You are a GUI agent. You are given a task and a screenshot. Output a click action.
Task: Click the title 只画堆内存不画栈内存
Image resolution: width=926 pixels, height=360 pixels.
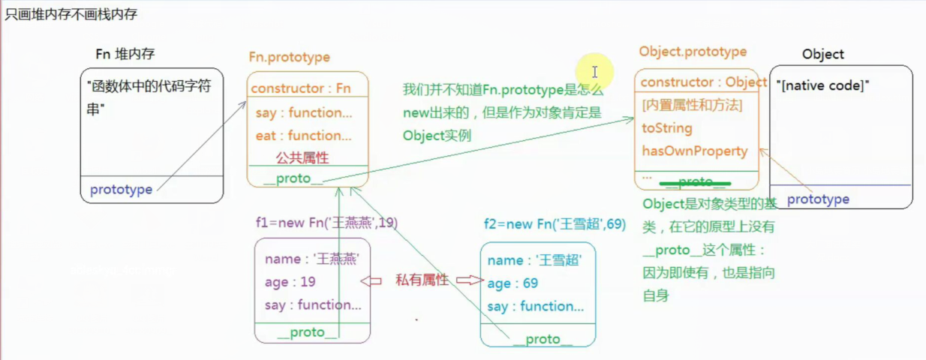point(71,14)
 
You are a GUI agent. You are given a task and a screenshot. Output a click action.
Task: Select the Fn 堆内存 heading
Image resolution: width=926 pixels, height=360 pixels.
point(125,54)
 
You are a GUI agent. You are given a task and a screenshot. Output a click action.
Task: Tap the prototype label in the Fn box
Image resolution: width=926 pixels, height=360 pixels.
point(121,190)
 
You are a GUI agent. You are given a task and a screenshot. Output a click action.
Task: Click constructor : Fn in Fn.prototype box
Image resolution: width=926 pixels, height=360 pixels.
point(301,88)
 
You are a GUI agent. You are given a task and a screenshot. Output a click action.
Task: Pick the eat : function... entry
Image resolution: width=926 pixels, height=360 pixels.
point(303,136)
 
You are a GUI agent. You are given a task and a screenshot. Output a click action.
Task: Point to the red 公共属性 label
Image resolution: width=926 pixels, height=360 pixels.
point(302,158)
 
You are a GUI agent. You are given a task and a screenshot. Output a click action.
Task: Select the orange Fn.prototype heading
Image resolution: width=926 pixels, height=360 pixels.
point(289,57)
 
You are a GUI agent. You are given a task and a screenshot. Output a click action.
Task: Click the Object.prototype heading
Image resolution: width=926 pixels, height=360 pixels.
point(693,52)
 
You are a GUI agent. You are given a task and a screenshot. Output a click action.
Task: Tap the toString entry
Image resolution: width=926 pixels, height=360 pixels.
point(666,128)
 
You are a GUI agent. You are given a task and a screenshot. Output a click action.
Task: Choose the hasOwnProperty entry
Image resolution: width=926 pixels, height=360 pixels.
point(694,151)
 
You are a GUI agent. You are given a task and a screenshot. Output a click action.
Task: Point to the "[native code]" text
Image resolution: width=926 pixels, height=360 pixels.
point(822,86)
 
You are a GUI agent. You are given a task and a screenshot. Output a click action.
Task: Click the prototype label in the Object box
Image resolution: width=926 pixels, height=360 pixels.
point(818,199)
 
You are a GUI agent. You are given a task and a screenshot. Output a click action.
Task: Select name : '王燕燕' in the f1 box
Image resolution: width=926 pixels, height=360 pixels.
point(311,259)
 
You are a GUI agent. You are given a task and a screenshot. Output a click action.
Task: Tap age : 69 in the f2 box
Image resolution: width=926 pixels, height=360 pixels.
point(513,283)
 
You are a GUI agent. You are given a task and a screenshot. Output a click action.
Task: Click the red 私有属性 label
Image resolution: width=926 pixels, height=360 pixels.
point(422,280)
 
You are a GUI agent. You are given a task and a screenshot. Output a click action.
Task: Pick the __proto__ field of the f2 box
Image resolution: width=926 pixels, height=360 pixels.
point(542,339)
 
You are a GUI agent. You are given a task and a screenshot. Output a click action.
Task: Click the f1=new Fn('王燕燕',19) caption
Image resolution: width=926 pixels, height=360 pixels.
point(326,223)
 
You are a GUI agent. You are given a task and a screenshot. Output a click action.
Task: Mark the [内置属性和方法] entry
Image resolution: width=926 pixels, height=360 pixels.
point(692,106)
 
